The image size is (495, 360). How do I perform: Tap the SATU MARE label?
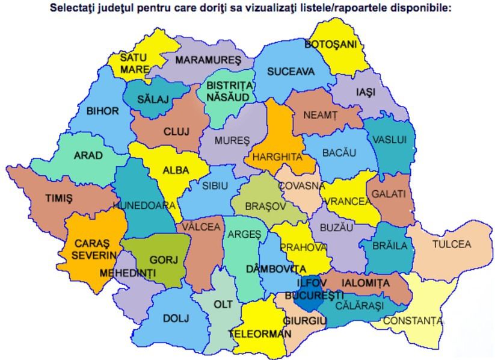point(134,63)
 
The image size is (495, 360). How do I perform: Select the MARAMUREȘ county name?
point(208,60)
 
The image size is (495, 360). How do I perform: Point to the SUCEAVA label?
point(291,72)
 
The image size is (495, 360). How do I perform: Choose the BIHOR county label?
point(102,111)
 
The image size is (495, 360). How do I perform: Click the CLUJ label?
point(176,131)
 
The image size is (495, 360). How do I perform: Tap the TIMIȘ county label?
point(58,197)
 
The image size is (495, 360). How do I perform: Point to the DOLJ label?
point(176,318)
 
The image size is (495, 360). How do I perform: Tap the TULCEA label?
point(452,244)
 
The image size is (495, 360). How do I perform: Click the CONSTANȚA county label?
point(412,320)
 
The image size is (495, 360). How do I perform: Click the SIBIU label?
point(215,186)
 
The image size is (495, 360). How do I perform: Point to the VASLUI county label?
point(389,140)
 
